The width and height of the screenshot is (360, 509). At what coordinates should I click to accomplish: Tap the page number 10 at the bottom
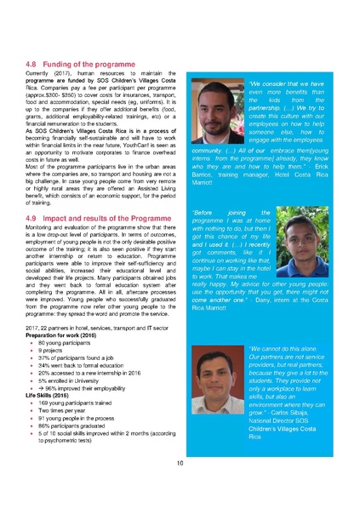point(180,463)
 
